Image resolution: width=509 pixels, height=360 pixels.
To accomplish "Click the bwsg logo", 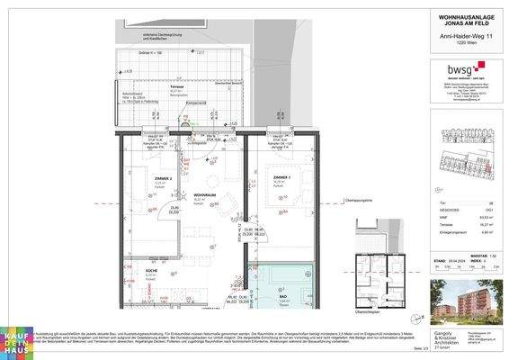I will tap(461, 67).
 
